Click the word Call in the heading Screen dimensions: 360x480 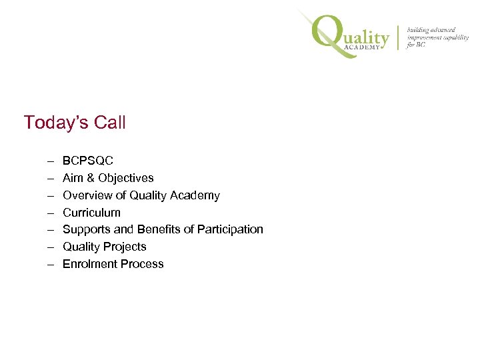(110, 123)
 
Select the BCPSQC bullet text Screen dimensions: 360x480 (88, 161)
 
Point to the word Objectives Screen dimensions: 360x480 (125, 178)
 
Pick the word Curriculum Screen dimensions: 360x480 (91, 213)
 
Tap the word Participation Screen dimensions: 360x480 (230, 229)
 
